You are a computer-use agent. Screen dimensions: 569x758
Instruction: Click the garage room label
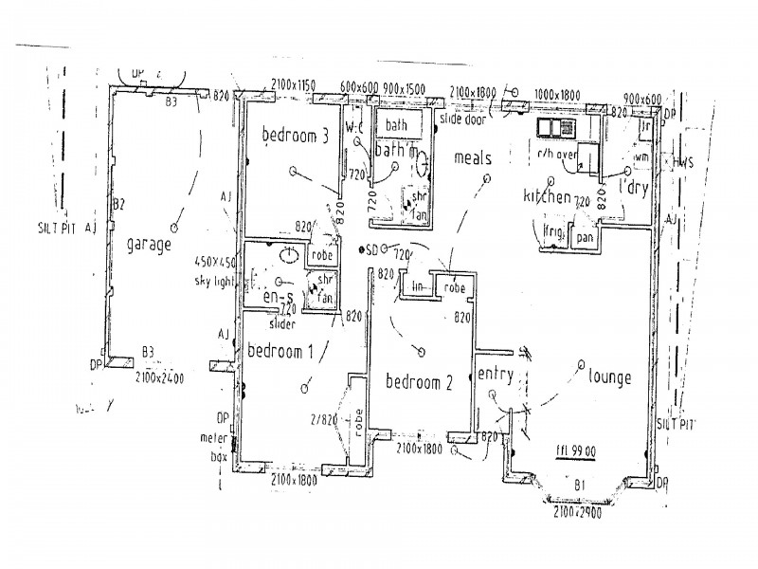tap(149, 244)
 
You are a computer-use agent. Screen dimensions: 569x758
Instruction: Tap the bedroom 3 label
tap(295, 136)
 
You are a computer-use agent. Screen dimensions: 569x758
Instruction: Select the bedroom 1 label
tap(280, 350)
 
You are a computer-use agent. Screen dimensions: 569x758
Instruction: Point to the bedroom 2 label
tap(420, 382)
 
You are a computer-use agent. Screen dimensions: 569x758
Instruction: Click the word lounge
tap(609, 376)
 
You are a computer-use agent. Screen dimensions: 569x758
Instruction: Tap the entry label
tap(496, 375)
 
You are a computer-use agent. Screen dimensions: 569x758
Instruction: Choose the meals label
tap(473, 157)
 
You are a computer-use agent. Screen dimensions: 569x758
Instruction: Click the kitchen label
tap(548, 196)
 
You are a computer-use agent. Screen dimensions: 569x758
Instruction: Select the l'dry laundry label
tap(633, 189)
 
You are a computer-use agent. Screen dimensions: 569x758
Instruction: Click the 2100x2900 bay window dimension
tap(576, 513)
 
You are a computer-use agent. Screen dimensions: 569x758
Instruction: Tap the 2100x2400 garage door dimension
tap(159, 377)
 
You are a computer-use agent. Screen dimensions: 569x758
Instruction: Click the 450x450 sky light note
tap(215, 270)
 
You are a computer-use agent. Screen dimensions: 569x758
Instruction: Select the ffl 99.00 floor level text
tap(574, 451)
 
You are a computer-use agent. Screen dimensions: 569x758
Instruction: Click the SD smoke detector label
tap(371, 249)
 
